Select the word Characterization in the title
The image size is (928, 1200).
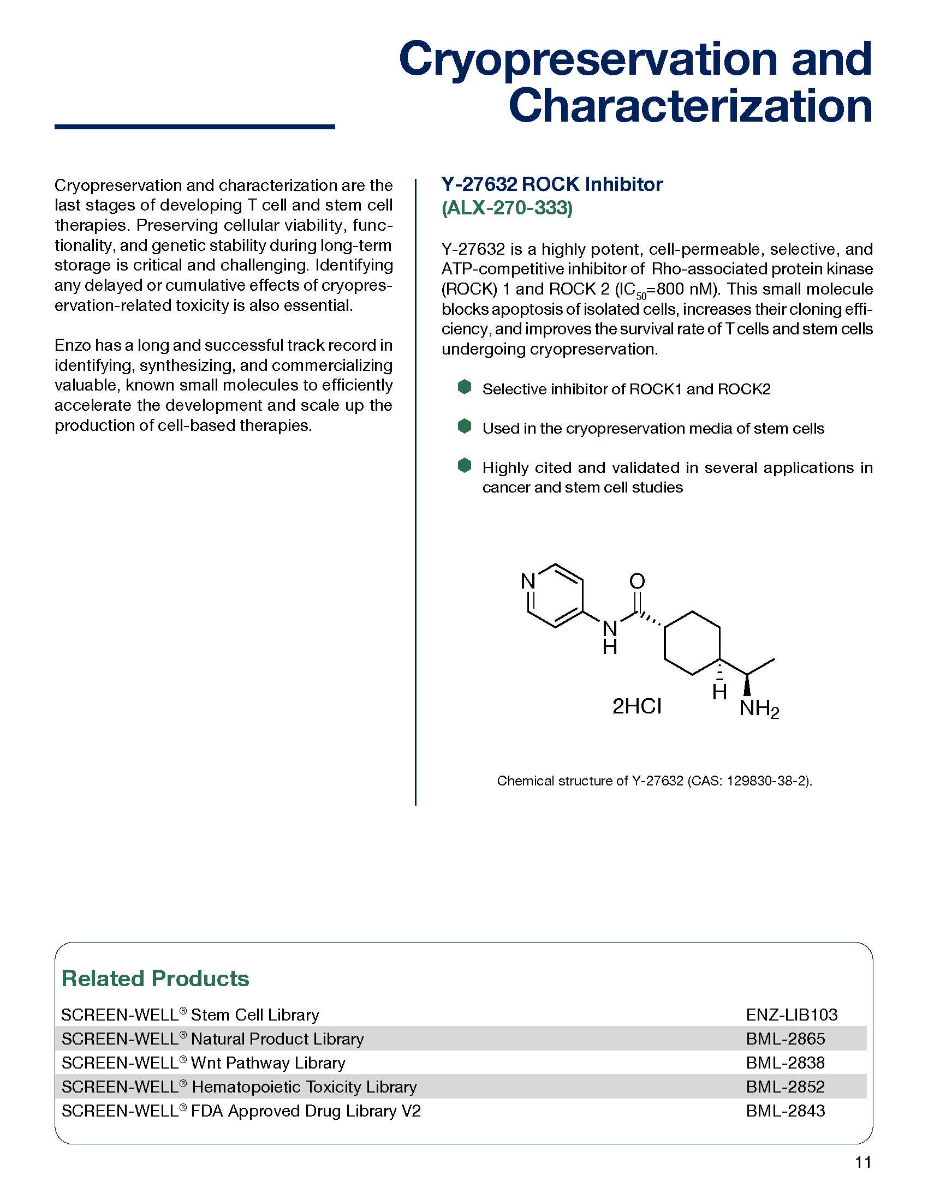click(x=690, y=106)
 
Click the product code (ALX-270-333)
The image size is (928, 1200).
click(x=507, y=208)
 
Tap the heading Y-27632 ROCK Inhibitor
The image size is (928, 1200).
click(x=552, y=184)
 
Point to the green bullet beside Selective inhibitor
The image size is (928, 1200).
click(x=465, y=387)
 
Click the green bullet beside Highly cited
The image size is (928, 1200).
click(x=465, y=465)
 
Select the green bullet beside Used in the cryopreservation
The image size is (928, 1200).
click(x=465, y=427)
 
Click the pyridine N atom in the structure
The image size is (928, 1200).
click(x=528, y=581)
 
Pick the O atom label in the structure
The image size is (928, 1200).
click(x=636, y=581)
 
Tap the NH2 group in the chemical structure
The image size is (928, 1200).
click(x=759, y=709)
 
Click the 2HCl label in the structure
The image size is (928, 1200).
click(x=636, y=706)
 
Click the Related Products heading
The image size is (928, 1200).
click(x=156, y=979)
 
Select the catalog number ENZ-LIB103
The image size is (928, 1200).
click(x=791, y=1015)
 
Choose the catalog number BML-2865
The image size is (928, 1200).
click(x=785, y=1039)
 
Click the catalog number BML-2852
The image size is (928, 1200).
click(x=785, y=1087)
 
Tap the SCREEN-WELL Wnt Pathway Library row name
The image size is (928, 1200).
click(x=204, y=1063)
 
